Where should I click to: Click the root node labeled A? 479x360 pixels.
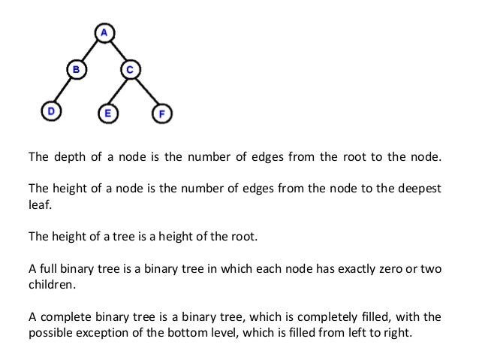104,32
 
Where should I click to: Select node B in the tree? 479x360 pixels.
76,70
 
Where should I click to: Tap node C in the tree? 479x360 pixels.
129,70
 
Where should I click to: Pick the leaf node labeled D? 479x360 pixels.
50,111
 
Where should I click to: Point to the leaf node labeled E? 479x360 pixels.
107,114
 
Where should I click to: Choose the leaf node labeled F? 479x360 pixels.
162,114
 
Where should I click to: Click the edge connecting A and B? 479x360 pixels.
90,51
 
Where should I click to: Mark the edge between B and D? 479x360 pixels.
63,90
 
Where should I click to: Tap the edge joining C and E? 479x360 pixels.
119,92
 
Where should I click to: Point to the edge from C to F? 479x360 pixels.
146,92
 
